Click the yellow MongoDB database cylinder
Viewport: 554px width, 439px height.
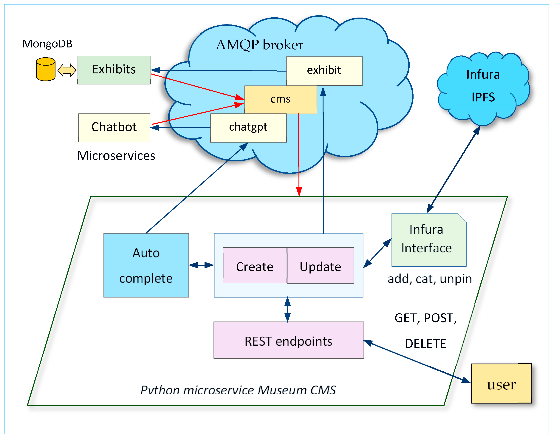[46, 69]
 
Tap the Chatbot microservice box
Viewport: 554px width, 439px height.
[114, 127]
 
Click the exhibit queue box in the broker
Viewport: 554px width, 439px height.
[324, 71]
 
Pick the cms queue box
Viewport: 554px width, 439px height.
[280, 99]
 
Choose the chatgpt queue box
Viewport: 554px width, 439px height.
[248, 127]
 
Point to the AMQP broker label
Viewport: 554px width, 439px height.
[259, 45]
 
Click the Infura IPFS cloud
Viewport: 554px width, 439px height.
[483, 86]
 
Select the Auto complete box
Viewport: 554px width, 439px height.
[146, 265]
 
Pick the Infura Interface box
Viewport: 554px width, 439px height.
[429, 239]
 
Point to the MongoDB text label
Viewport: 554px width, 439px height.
[47, 44]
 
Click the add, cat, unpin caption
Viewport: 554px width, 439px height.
[430, 279]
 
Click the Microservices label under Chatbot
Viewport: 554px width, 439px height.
[116, 156]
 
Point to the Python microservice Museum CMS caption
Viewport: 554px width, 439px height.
[238, 390]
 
